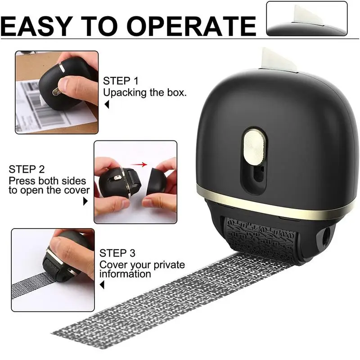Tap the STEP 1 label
(x=121, y=81)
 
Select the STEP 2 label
(x=27, y=170)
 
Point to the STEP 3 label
(x=117, y=253)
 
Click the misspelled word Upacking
(x=121, y=93)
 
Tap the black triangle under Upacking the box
(x=107, y=105)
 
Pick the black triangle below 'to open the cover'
(x=85, y=202)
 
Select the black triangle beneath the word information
(x=102, y=285)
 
